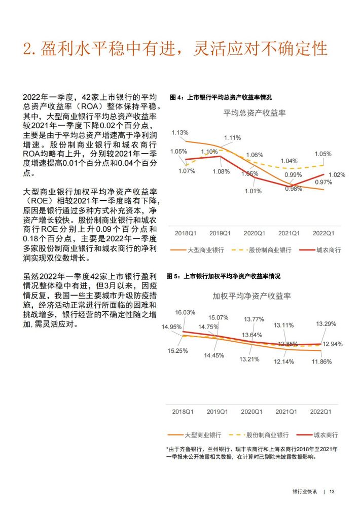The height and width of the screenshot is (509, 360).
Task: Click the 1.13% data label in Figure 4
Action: click(x=180, y=132)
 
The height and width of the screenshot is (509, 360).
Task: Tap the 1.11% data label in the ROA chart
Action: click(x=232, y=137)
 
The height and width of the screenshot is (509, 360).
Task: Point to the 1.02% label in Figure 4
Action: click(x=337, y=174)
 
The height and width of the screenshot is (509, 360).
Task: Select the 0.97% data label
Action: click(x=323, y=182)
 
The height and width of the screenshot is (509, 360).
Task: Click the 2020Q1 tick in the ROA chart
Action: click(x=254, y=233)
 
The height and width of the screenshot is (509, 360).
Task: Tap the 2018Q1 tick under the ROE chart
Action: click(x=183, y=412)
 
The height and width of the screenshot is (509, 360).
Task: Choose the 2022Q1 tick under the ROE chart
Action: click(x=321, y=412)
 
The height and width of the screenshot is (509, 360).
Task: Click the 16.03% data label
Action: click(x=185, y=312)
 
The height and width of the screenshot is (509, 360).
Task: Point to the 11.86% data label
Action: click(x=321, y=361)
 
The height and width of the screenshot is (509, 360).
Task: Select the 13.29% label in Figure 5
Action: click(x=326, y=323)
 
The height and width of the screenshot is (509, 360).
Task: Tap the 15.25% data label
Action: click(x=177, y=351)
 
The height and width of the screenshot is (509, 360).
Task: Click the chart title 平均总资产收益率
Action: click(x=255, y=113)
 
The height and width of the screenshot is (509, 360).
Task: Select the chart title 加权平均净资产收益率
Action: click(x=251, y=296)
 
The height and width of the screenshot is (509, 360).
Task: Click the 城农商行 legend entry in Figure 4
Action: click(x=329, y=250)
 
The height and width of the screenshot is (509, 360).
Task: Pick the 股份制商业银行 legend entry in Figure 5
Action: click(x=267, y=435)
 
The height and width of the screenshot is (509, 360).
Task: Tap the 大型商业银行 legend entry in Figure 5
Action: click(x=203, y=435)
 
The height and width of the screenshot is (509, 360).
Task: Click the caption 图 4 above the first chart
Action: click(x=176, y=97)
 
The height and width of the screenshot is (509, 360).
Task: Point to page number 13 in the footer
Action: click(x=332, y=491)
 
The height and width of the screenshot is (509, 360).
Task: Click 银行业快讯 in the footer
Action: click(x=305, y=491)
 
